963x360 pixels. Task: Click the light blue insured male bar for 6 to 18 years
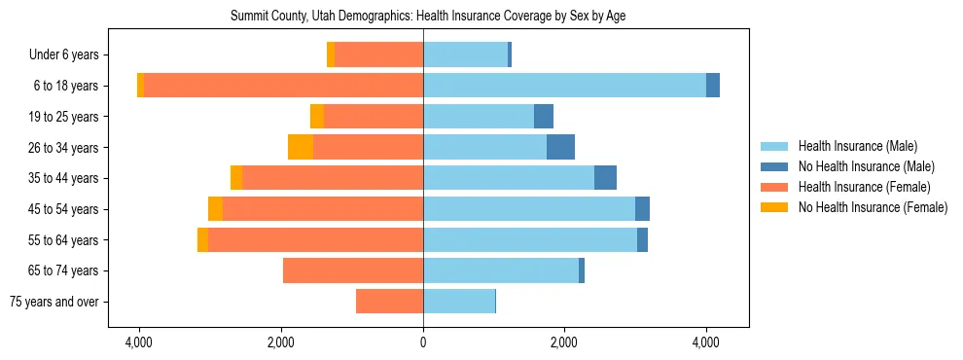tap(564, 86)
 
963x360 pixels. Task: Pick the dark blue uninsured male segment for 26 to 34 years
tap(560, 147)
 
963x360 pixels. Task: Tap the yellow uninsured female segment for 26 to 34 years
tap(301, 147)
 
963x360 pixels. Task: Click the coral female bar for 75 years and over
tap(389, 302)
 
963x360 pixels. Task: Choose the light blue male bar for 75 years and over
tap(459, 302)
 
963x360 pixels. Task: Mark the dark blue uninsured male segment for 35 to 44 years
tap(605, 178)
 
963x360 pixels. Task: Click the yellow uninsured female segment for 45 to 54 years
tap(215, 209)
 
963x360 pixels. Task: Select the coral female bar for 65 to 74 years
tap(353, 270)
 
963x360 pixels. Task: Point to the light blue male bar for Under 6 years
tap(465, 55)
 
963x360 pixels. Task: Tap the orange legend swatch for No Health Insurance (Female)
tap(775, 207)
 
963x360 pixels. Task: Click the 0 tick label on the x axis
tap(423, 342)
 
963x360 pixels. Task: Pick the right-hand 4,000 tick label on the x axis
tap(705, 342)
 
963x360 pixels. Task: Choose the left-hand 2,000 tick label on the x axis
tap(281, 342)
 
